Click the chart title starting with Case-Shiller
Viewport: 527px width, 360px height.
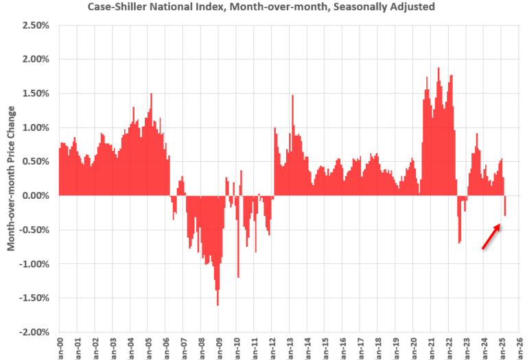click(x=261, y=8)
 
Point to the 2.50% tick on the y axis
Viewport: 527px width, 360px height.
click(x=35, y=25)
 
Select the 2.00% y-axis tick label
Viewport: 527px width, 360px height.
click(x=35, y=59)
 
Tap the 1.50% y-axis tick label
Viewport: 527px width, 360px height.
click(x=35, y=93)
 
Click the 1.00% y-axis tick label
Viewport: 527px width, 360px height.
click(x=35, y=128)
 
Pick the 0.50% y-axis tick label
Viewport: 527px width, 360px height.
click(x=35, y=162)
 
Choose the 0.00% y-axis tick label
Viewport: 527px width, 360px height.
click(x=35, y=195)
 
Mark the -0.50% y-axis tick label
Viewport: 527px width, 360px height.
click(x=34, y=230)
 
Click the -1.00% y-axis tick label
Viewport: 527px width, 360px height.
click(x=34, y=264)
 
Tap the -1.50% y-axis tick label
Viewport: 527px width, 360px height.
click(x=34, y=298)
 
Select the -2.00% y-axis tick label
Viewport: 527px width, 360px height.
click(x=34, y=332)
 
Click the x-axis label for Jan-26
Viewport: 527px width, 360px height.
click(x=520, y=348)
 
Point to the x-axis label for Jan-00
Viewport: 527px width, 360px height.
click(x=60, y=348)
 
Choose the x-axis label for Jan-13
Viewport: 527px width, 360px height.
click(x=290, y=348)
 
